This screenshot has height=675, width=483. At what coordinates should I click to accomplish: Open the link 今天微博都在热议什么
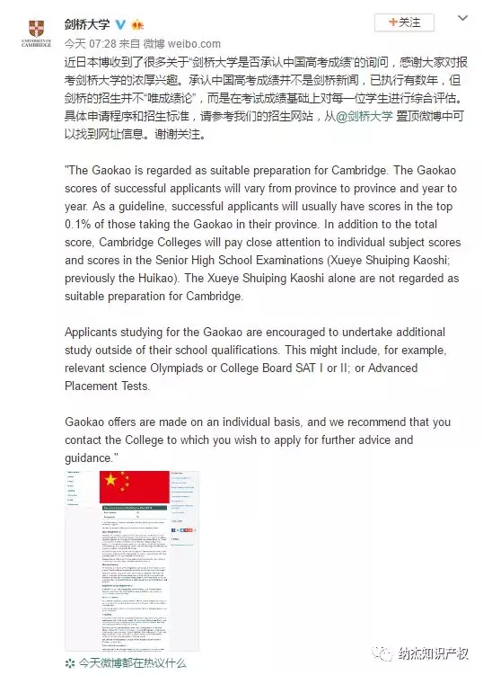click(131, 662)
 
